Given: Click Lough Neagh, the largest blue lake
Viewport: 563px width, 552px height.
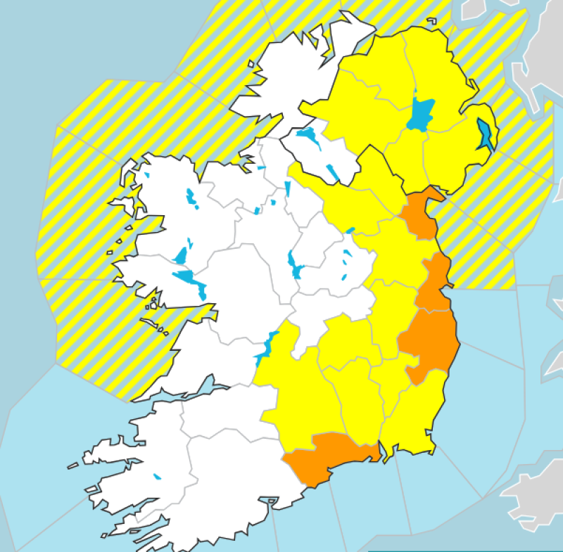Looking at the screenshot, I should click(x=421, y=115).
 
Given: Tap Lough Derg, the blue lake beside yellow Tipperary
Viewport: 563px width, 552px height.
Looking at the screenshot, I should click(x=266, y=347).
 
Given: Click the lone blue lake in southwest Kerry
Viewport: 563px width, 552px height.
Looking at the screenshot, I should click(x=157, y=476).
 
